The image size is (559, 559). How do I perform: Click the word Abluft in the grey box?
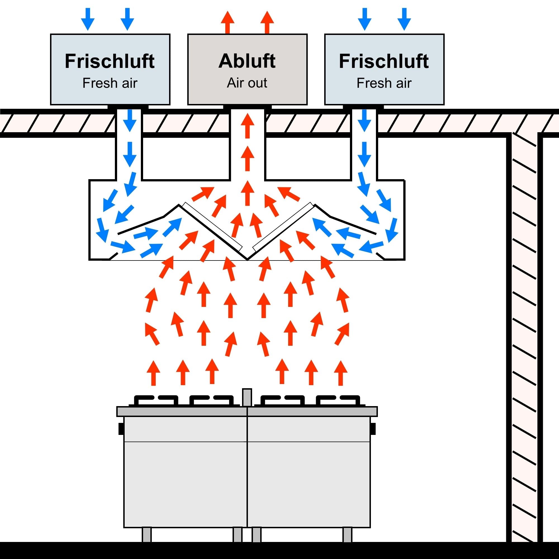tap(247, 61)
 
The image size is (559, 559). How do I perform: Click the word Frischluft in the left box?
tap(110, 61)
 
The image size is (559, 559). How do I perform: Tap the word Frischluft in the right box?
tap(384, 61)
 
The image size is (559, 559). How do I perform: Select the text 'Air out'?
tap(247, 83)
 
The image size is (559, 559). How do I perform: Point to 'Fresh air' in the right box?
tap(384, 83)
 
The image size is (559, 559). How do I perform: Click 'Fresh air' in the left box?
tap(110, 83)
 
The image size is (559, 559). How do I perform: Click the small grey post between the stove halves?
tap(247, 397)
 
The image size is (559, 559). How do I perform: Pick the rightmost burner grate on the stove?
tap(338, 401)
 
